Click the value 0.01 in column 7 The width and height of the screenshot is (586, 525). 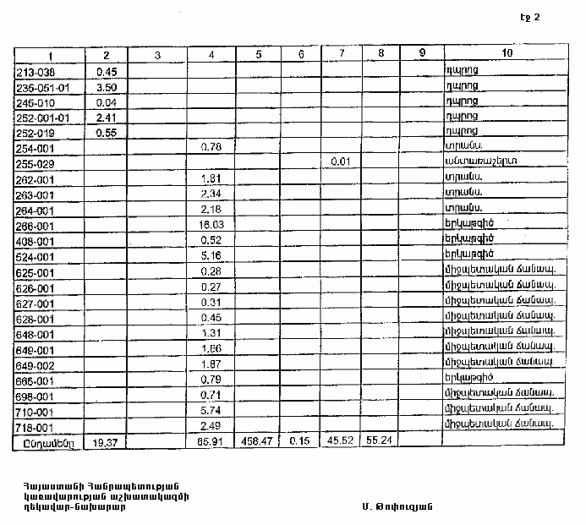pyautogui.click(x=340, y=161)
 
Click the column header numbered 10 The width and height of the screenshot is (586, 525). pyautogui.click(x=507, y=54)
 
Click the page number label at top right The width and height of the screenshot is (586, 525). pyautogui.click(x=523, y=18)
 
